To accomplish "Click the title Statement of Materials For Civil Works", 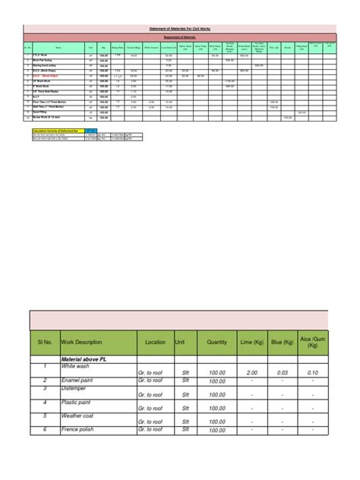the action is (x=180, y=28).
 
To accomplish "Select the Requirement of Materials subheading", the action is (x=180, y=36).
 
